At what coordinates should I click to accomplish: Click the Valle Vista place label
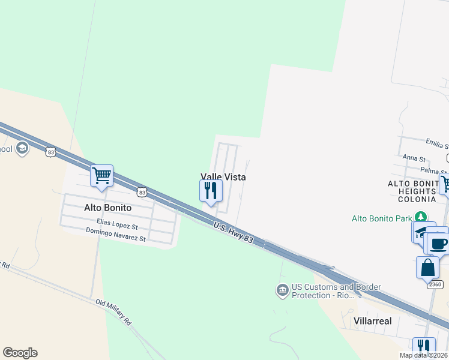223,177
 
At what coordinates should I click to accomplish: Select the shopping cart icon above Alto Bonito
102,176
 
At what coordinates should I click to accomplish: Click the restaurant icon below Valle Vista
211,190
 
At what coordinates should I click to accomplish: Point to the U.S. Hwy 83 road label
239,232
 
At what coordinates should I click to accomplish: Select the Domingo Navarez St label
116,235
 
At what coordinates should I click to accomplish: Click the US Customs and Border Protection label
336,291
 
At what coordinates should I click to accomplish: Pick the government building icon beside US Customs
282,291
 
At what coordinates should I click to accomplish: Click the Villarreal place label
373,321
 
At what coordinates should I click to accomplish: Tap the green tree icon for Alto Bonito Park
422,217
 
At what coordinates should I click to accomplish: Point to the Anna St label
414,159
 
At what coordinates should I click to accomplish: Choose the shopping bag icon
427,268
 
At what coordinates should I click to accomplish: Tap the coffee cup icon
439,244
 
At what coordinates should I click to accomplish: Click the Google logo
20,353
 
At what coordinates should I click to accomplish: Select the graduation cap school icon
22,148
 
